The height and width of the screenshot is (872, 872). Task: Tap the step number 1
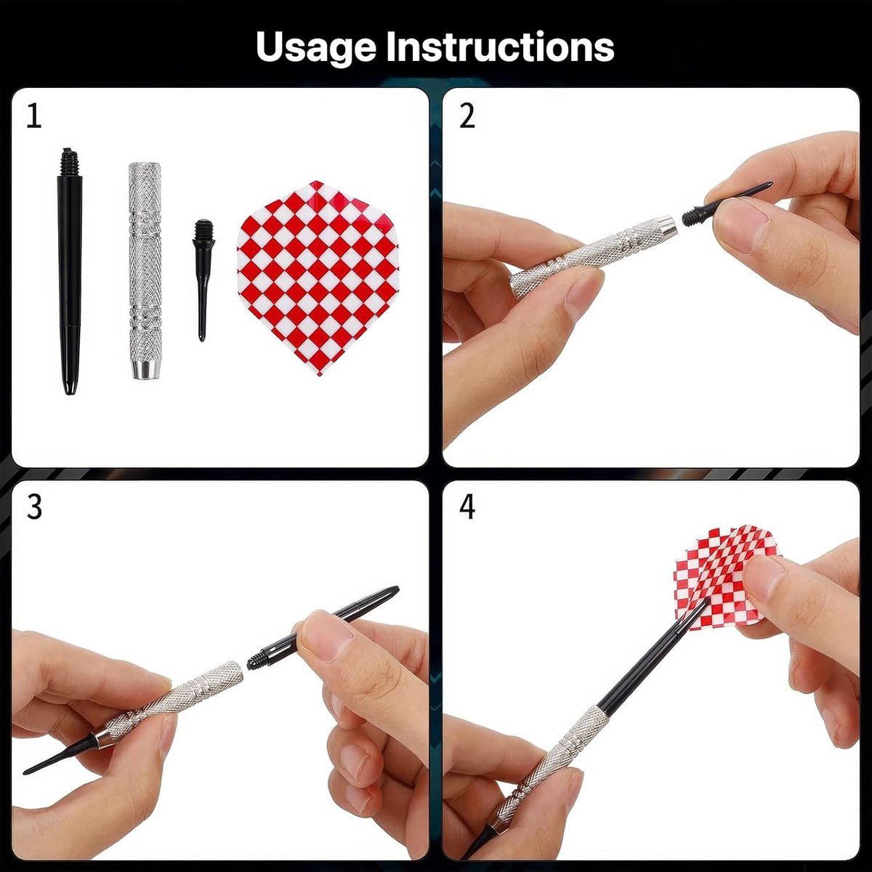click(34, 116)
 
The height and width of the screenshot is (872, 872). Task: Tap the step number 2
click(467, 116)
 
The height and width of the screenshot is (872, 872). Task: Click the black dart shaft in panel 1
click(70, 272)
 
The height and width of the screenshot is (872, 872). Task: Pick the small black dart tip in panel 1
click(202, 280)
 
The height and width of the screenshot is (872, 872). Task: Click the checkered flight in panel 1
click(318, 278)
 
